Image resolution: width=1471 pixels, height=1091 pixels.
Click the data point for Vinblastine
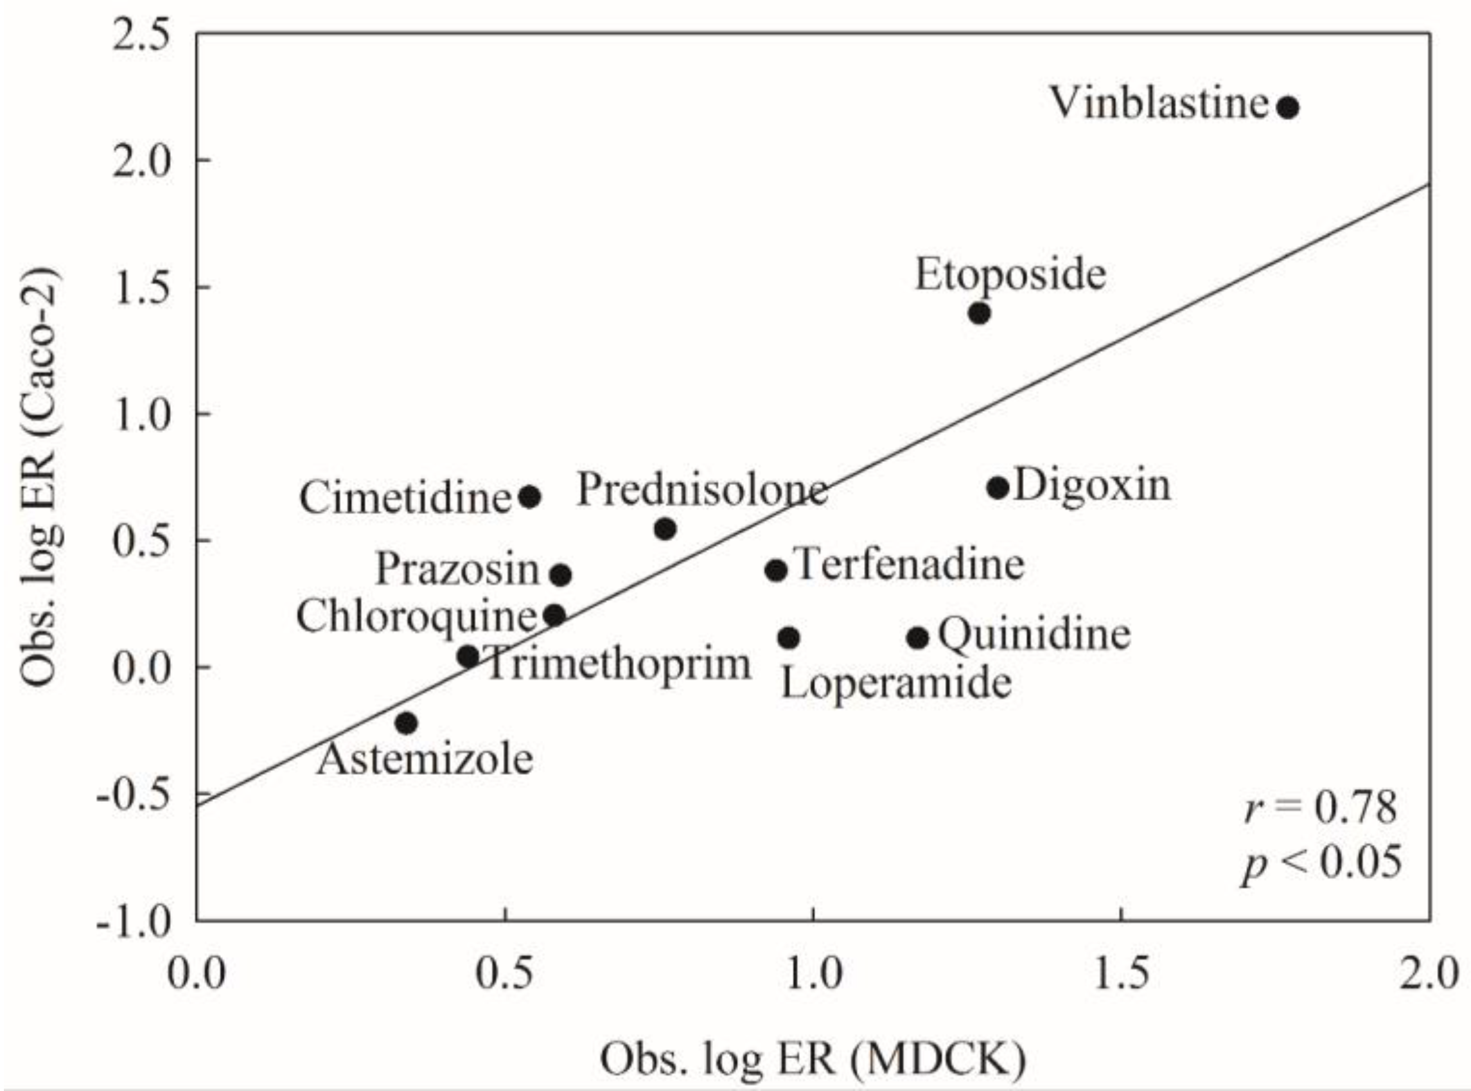coord(1287,107)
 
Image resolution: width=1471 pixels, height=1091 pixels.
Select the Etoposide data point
coord(979,313)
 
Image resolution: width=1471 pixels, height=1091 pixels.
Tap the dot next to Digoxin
coord(998,488)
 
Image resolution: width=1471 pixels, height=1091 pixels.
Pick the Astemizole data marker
coord(406,723)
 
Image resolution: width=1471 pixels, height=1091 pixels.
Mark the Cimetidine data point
coord(529,497)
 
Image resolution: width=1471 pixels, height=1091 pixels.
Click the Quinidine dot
coord(918,638)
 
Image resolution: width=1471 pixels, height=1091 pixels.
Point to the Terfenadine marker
coord(776,570)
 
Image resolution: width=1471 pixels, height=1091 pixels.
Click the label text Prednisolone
coord(702,491)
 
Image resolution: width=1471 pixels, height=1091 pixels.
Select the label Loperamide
coord(896,684)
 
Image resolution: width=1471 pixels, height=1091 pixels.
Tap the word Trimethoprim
coord(618,664)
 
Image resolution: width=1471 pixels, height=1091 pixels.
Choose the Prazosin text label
coord(457,570)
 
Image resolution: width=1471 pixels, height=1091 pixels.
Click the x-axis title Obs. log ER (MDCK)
coord(813,1058)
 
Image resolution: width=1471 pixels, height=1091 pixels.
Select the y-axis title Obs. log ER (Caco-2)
coord(41,477)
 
